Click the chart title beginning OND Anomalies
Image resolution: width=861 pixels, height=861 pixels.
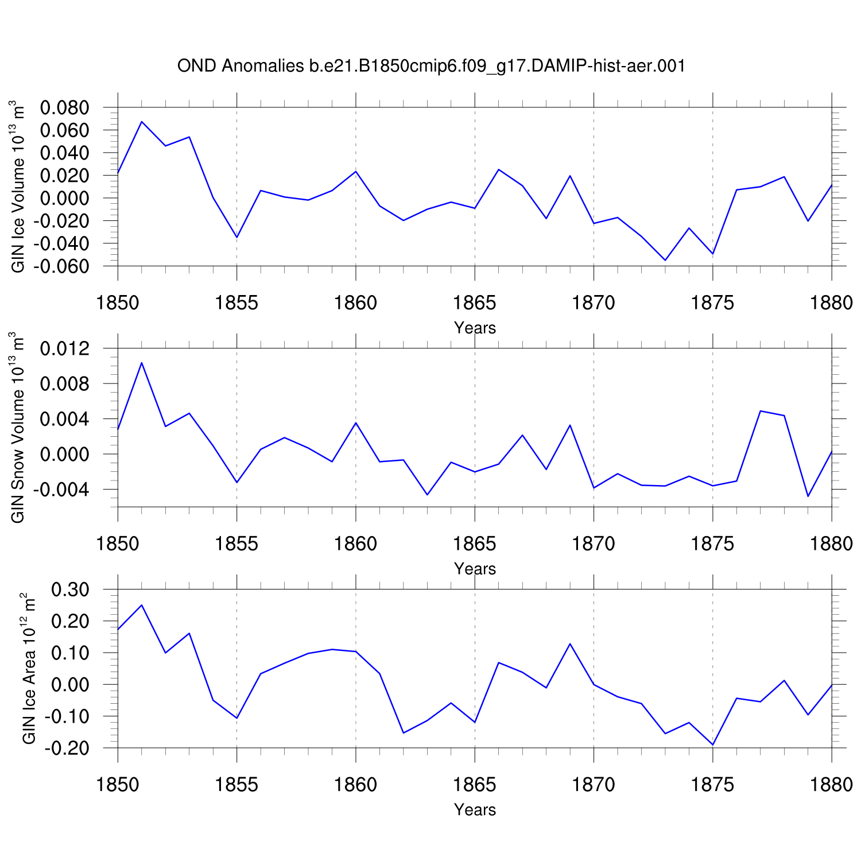pyautogui.click(x=431, y=66)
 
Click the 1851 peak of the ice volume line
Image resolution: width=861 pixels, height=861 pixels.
pyautogui.click(x=142, y=122)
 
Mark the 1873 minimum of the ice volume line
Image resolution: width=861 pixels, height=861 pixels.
pyautogui.click(x=665, y=260)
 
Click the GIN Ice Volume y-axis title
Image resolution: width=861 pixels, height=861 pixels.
pyautogui.click(x=18, y=187)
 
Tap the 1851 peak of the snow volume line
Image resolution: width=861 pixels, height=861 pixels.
pyautogui.click(x=142, y=363)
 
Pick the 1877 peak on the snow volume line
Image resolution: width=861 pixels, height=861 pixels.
pyautogui.click(x=761, y=411)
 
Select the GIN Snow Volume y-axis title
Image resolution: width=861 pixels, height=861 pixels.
pyautogui.click(x=18, y=428)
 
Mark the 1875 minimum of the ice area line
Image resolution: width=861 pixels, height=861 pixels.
pyautogui.click(x=713, y=744)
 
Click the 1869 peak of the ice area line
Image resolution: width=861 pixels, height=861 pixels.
pyautogui.click(x=570, y=644)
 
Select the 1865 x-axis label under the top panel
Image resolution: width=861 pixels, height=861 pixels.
pyautogui.click(x=475, y=302)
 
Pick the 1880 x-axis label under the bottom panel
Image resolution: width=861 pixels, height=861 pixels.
pyautogui.click(x=831, y=785)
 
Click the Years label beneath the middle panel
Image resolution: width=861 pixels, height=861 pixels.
pyautogui.click(x=475, y=569)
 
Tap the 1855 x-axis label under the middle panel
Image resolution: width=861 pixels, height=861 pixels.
pyautogui.click(x=236, y=544)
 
